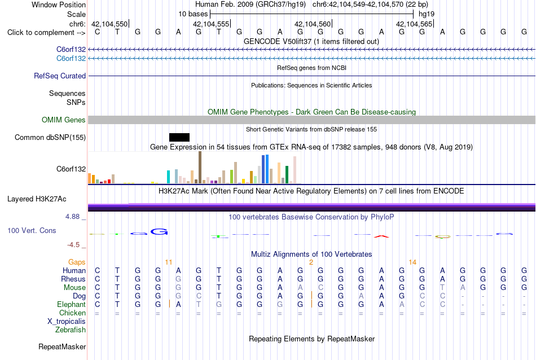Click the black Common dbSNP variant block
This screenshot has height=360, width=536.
[x=179, y=138]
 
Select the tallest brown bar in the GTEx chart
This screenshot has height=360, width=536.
[x=200, y=168]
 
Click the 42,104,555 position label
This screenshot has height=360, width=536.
[x=211, y=24]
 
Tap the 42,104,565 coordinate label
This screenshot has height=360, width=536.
[x=414, y=24]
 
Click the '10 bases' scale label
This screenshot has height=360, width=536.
[x=193, y=14]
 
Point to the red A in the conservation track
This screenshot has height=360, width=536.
[x=381, y=236]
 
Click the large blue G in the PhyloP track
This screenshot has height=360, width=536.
[x=159, y=232]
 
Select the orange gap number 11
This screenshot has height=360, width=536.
[x=169, y=262]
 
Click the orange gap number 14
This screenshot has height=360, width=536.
[x=412, y=262]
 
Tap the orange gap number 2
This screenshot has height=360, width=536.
[x=311, y=262]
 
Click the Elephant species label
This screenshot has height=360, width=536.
[x=72, y=305]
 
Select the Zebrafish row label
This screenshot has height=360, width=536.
[x=71, y=330]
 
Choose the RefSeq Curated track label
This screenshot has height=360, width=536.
[x=60, y=76]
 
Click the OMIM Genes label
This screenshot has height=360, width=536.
[x=64, y=120]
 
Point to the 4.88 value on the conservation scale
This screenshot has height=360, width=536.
[x=72, y=217]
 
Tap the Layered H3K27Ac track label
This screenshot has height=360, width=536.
[x=37, y=199]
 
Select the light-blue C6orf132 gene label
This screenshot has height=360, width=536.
[x=71, y=59]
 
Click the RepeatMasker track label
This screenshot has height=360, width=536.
[x=62, y=346]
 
